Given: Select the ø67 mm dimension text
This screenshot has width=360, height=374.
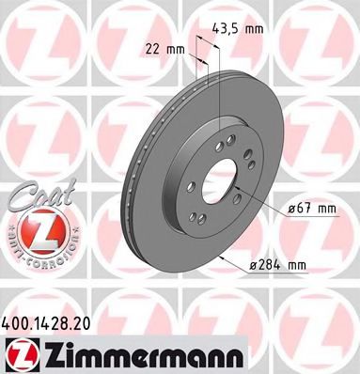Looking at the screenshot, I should click(x=313, y=209).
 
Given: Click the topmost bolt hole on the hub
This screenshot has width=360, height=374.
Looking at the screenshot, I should click(x=228, y=137).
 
